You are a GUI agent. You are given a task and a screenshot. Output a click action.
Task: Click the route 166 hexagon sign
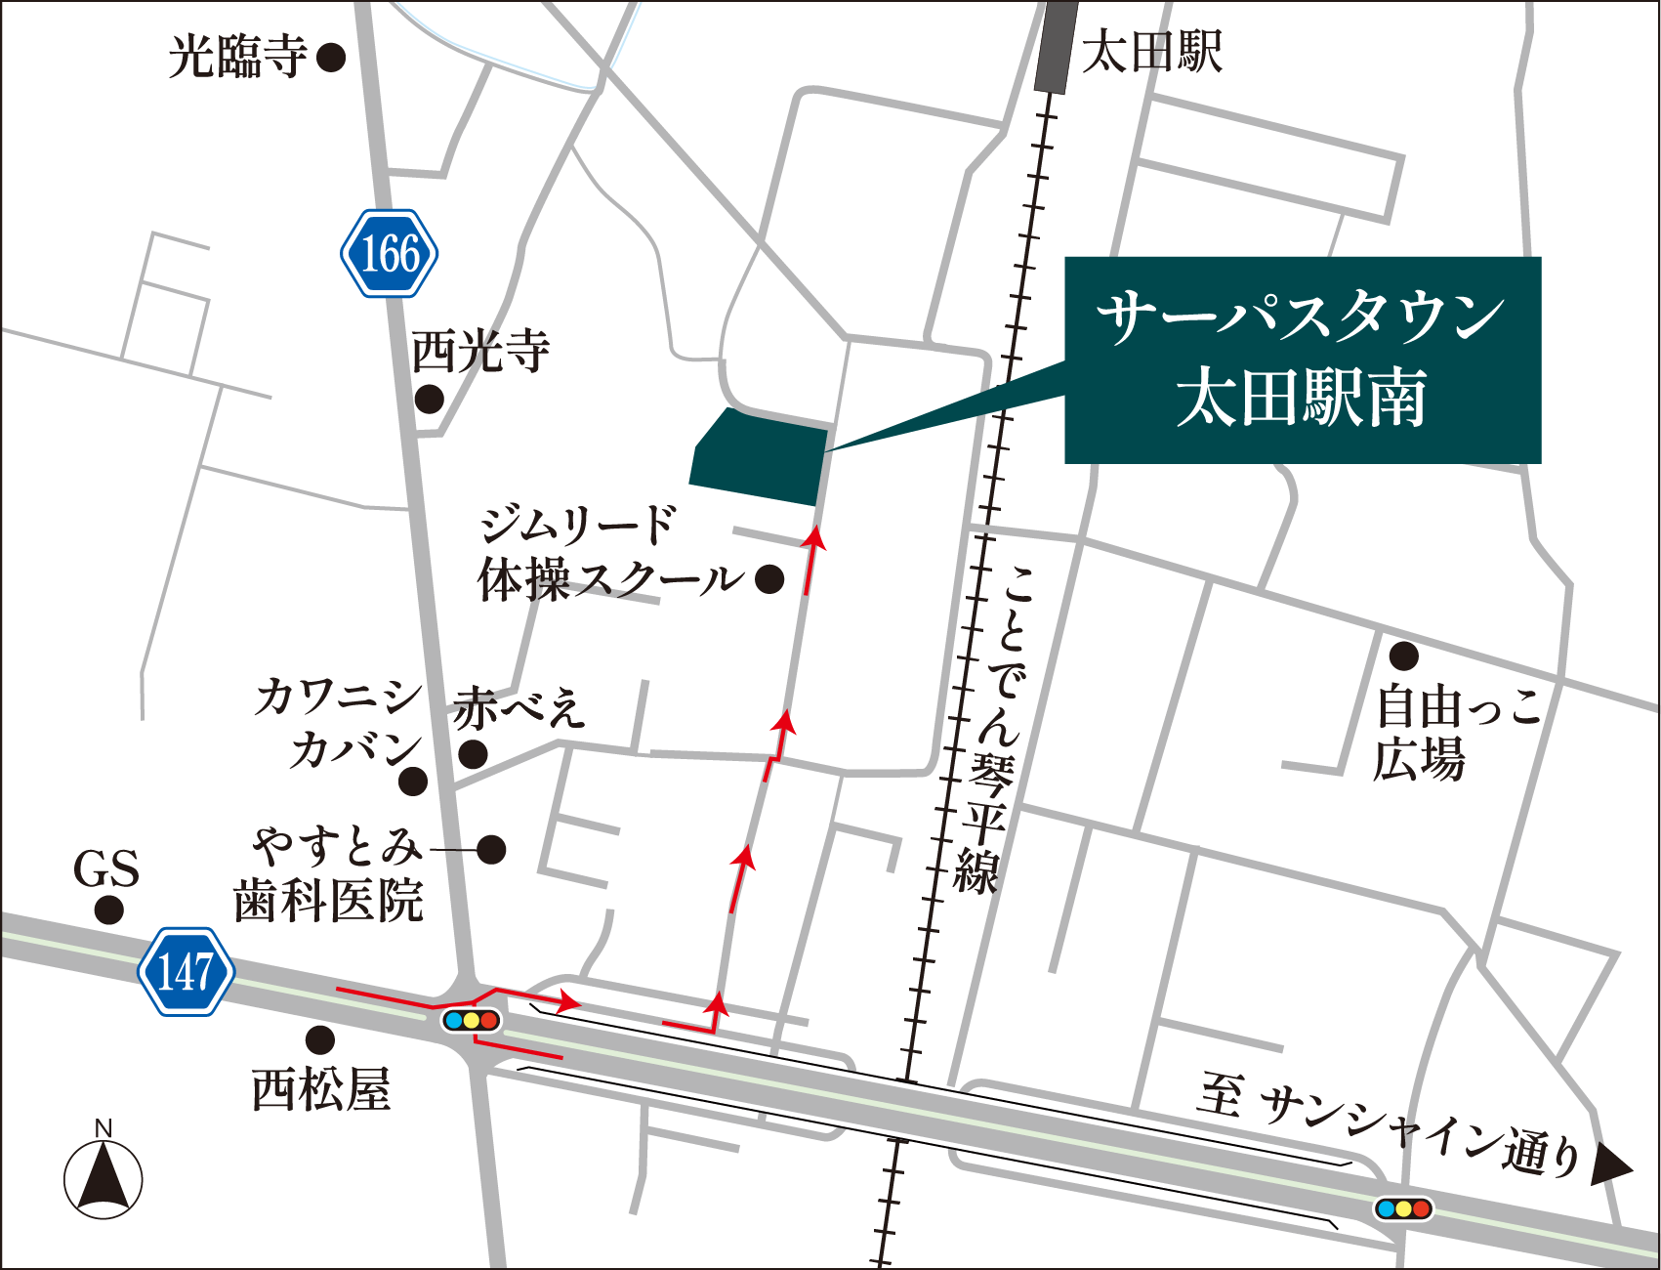pos(389,253)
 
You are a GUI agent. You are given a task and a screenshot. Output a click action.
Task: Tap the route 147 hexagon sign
pos(186,971)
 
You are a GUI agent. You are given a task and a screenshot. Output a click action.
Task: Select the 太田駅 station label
pos(1152,51)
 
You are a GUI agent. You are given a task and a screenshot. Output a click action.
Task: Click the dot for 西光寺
pos(430,399)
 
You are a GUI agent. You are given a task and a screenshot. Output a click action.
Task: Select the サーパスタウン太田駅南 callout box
pos(1302,360)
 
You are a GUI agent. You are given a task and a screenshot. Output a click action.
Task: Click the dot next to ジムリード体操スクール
pos(769,579)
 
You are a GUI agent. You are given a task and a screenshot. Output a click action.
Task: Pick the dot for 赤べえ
pos(474,754)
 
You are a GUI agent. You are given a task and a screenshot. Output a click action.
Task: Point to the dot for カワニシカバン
pos(413,781)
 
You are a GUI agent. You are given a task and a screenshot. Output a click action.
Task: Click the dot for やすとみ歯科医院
pos(491,849)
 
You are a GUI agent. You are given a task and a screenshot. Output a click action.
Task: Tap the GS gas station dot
pos(108,910)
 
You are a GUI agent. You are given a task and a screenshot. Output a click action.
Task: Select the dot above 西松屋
pos(320,1039)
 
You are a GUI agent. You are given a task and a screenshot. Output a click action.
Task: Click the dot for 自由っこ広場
pos(1403,655)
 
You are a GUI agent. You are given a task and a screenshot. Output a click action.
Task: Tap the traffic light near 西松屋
pos(471,1021)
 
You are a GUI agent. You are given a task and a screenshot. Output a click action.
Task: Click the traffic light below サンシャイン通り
pos(1403,1208)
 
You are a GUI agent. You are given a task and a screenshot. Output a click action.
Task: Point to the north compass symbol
pos(103,1176)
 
